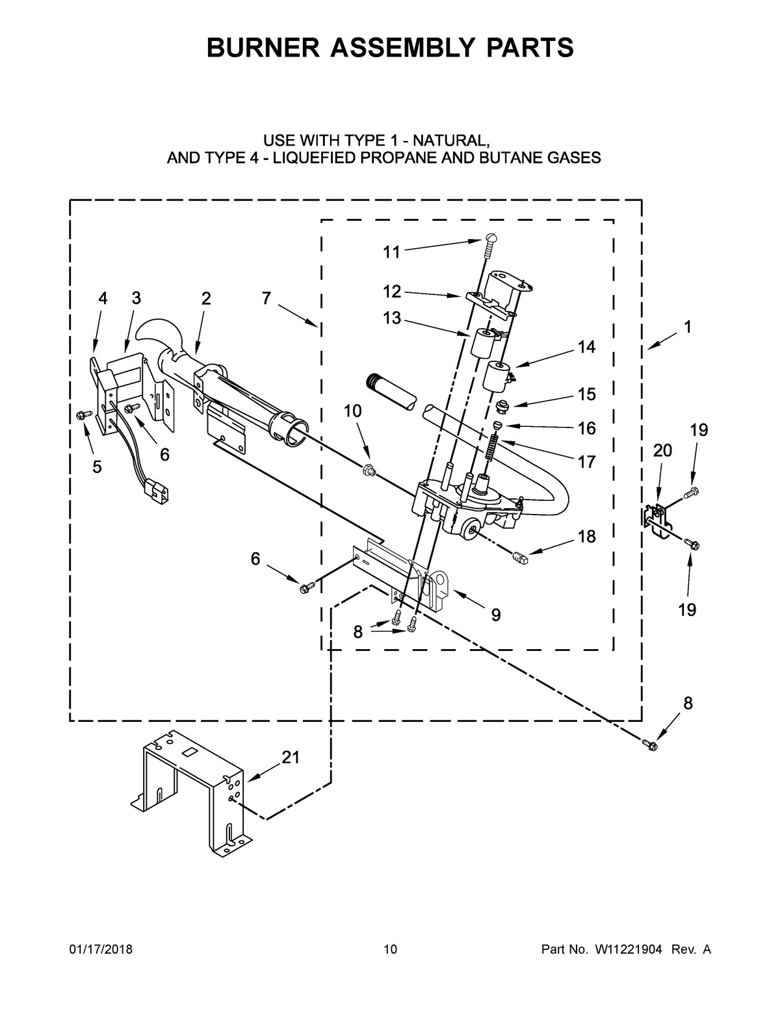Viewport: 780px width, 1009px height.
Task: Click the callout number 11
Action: [391, 252]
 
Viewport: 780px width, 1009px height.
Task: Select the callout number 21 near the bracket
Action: [291, 757]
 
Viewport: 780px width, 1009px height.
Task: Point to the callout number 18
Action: [586, 537]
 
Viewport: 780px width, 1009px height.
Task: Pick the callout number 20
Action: [662, 450]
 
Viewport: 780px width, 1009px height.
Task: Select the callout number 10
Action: [353, 411]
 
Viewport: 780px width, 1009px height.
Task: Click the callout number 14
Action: [586, 347]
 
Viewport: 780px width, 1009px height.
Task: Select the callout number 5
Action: [97, 466]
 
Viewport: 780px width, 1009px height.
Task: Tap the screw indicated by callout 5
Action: [83, 414]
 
